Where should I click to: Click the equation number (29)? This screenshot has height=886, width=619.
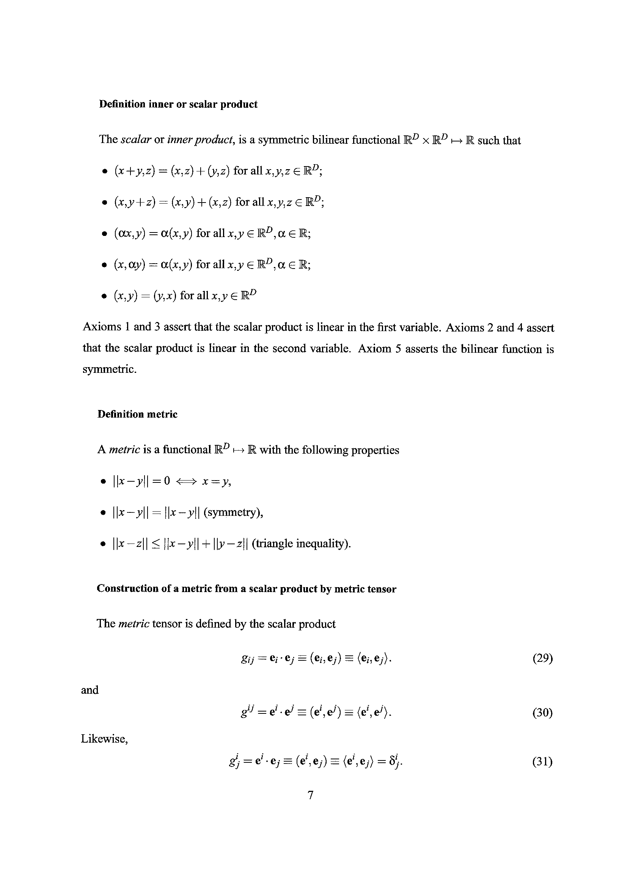click(x=542, y=658)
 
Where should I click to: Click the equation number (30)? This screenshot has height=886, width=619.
click(x=542, y=712)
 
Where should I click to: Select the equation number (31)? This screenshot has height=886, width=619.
click(x=542, y=761)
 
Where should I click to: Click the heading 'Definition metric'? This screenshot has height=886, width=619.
click(x=137, y=414)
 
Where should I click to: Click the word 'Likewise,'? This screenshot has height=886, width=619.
click(x=104, y=738)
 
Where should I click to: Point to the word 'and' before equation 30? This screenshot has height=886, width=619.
click(x=90, y=690)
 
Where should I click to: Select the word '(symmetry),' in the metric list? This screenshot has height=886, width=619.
click(x=233, y=512)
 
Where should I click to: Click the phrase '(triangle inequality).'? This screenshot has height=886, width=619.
click(x=301, y=544)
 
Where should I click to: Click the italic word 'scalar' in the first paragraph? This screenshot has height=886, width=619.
click(x=135, y=140)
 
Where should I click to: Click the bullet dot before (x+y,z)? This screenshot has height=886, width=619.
click(x=104, y=172)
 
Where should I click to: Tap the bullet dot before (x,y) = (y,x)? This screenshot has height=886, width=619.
click(x=104, y=297)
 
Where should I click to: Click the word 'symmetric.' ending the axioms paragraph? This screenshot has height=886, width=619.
click(x=110, y=369)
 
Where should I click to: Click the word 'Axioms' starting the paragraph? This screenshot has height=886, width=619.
click(x=102, y=327)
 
